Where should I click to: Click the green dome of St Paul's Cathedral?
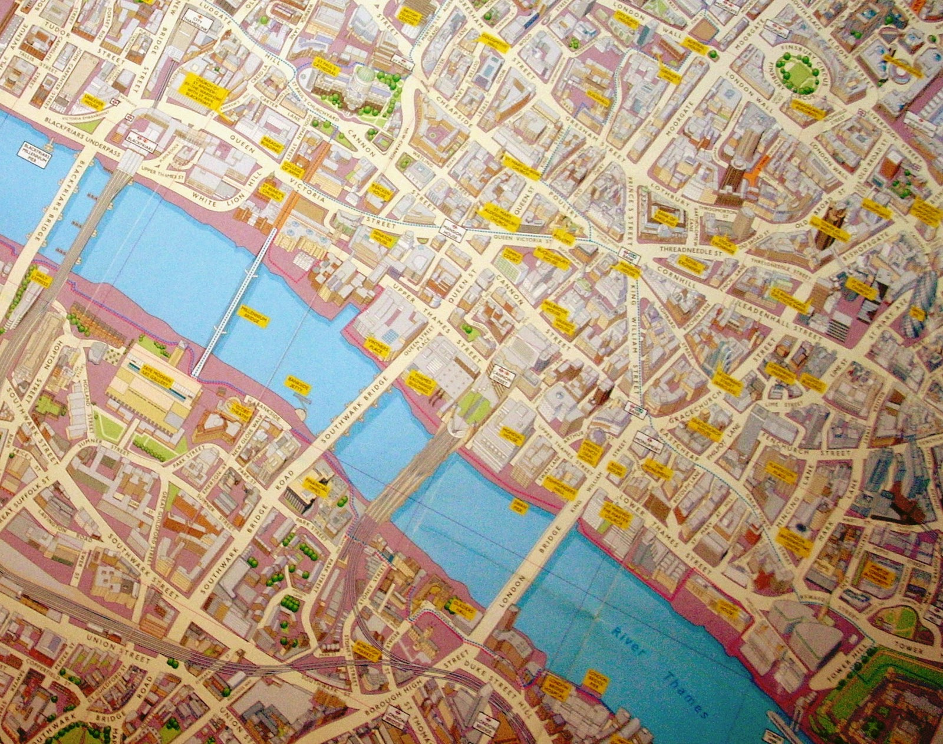[364, 75]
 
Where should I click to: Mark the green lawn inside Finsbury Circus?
[799, 74]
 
